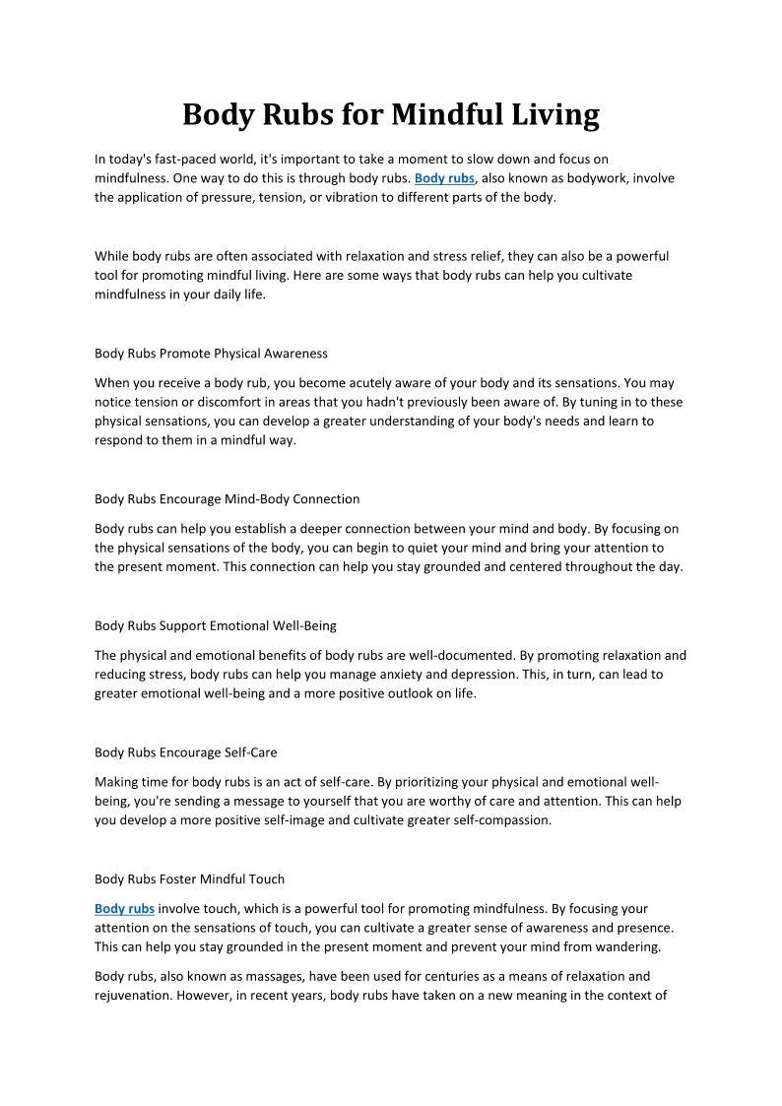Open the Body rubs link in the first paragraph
click(444, 178)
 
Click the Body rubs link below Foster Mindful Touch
click(124, 909)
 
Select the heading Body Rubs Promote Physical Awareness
click(211, 353)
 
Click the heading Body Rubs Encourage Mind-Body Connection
click(227, 498)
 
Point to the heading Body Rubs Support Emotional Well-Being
click(215, 625)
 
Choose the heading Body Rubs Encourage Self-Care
click(185, 752)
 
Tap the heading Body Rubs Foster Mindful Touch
click(189, 879)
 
